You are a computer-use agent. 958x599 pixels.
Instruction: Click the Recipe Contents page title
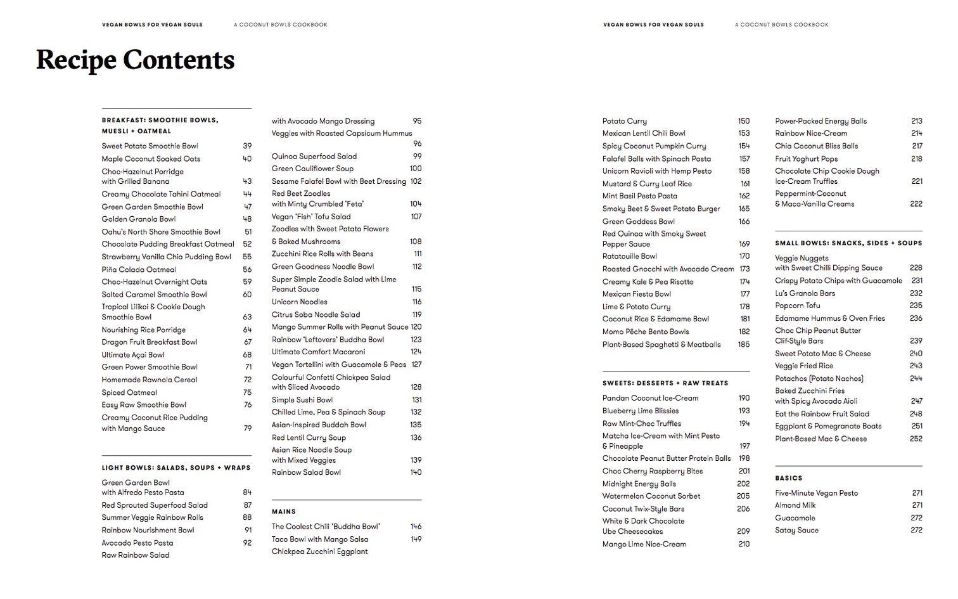pyautogui.click(x=135, y=60)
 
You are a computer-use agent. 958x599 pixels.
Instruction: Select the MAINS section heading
pyautogui.click(x=284, y=512)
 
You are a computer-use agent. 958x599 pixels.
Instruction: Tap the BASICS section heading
pyautogui.click(x=788, y=478)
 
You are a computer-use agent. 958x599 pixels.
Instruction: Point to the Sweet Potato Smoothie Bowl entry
pyautogui.click(x=150, y=146)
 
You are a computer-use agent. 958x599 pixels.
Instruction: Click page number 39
pyautogui.click(x=247, y=146)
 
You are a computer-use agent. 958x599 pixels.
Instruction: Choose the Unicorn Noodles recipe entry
pyautogui.click(x=299, y=302)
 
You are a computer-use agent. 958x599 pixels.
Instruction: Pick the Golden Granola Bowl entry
pyautogui.click(x=138, y=219)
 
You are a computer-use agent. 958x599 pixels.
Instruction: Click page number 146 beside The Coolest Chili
pyautogui.click(x=416, y=527)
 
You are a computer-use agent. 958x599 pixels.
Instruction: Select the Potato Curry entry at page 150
pyautogui.click(x=624, y=121)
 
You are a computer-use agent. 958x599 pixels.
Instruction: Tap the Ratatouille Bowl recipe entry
pyautogui.click(x=629, y=257)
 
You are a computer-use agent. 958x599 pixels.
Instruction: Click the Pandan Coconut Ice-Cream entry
pyautogui.click(x=650, y=398)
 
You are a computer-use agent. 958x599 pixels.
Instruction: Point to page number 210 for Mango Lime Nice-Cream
pyautogui.click(x=743, y=544)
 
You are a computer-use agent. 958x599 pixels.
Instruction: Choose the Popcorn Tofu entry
pyautogui.click(x=797, y=306)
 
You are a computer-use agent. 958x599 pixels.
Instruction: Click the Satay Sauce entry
pyautogui.click(x=796, y=531)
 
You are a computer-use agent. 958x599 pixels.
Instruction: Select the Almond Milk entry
pyautogui.click(x=795, y=505)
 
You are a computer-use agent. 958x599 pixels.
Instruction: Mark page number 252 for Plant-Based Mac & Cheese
pyautogui.click(x=916, y=439)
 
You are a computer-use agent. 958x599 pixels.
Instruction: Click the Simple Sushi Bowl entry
pyautogui.click(x=302, y=400)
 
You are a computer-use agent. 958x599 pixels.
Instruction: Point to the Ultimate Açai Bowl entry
pyautogui.click(x=133, y=355)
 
